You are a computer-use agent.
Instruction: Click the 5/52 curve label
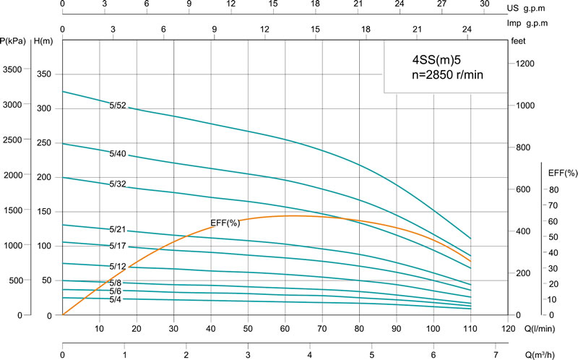pos(118,106)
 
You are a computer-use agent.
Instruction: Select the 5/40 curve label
pos(118,154)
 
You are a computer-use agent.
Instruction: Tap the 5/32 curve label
pos(118,184)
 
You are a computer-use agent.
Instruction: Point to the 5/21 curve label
pos(118,229)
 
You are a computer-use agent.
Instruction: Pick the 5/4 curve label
pos(116,299)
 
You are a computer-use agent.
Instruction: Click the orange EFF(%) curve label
pos(224,222)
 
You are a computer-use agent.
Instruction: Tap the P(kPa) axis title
pos(14,40)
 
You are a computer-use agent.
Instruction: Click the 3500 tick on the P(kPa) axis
pos(14,70)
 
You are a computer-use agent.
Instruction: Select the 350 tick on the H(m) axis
pos(45,74)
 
